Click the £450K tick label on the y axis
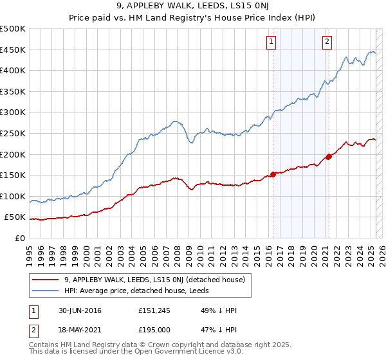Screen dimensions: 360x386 [x=13, y=50]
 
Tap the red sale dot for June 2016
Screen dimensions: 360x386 [x=273, y=174]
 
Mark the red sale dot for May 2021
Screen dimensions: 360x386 [x=329, y=156]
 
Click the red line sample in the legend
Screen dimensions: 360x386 [x=46, y=280]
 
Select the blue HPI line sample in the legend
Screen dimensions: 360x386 [x=46, y=291]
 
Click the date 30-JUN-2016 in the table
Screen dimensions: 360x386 [x=79, y=311]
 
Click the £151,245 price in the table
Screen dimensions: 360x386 [x=154, y=311]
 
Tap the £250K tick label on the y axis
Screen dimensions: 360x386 [x=13, y=134]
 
